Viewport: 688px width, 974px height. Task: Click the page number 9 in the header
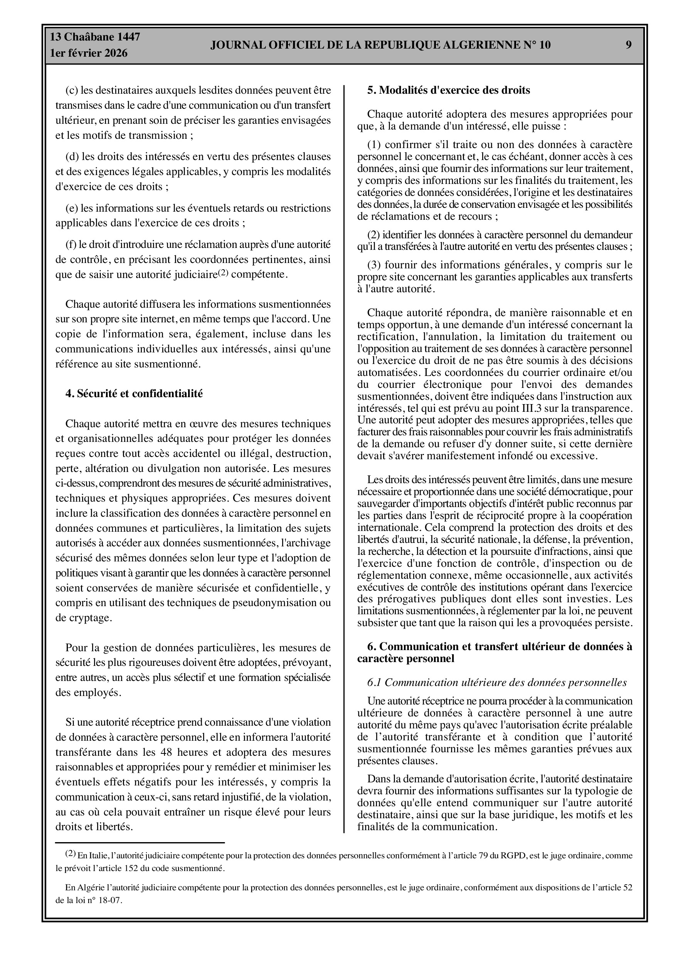pyautogui.click(x=629, y=45)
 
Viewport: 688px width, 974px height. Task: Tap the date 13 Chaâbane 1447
pyautogui.click(x=95, y=37)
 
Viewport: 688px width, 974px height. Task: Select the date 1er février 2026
pyautogui.click(x=89, y=54)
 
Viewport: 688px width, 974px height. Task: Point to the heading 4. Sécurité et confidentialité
pyautogui.click(x=134, y=393)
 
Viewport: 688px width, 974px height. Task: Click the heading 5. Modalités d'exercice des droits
pyautogui.click(x=448, y=90)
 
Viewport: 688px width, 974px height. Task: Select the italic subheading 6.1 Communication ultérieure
pyautogui.click(x=497, y=682)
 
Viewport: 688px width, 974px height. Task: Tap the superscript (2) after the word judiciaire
pyautogui.click(x=223, y=272)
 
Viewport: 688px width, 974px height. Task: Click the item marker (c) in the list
pyautogui.click(x=72, y=90)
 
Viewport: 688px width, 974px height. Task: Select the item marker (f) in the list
pyautogui.click(x=71, y=244)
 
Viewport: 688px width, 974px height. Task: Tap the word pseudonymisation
pyautogui.click(x=271, y=603)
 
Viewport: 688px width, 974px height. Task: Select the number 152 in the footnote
pyautogui.click(x=135, y=868)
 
